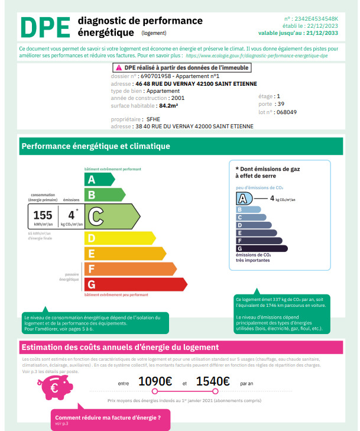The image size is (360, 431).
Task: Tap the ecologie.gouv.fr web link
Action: [257, 55]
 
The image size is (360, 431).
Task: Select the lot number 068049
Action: [287, 111]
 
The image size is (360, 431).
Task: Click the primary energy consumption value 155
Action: [43, 215]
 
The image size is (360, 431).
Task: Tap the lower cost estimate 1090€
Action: [155, 382]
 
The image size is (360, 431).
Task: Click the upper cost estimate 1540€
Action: [213, 382]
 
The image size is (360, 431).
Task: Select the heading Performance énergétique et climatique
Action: [96, 146]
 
